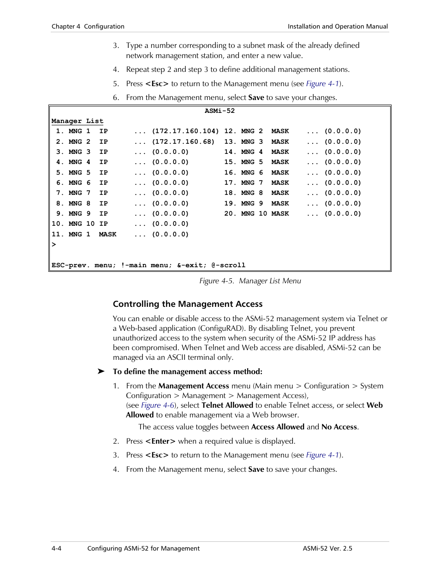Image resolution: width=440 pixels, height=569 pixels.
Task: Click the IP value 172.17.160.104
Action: click(x=185, y=131)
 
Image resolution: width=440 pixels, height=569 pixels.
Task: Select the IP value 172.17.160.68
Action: click(x=183, y=142)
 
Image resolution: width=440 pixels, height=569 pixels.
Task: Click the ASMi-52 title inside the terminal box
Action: click(x=220, y=111)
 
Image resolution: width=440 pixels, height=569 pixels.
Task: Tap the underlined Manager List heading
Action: click(x=77, y=121)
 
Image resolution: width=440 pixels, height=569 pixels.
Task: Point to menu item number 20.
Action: click(x=229, y=214)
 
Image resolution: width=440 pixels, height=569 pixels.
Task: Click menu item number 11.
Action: click(x=57, y=235)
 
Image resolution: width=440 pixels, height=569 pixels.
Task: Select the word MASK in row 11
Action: click(x=107, y=235)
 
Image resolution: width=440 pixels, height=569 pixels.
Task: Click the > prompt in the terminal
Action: click(x=54, y=245)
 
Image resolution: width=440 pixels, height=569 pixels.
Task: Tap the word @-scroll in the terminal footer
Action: click(x=228, y=265)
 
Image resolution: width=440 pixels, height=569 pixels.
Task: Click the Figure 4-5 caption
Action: click(x=250, y=281)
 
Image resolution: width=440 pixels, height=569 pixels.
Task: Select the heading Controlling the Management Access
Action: click(x=188, y=304)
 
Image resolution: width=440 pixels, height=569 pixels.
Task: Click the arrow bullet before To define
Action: click(x=101, y=371)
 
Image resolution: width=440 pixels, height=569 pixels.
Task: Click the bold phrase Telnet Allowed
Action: click(x=227, y=405)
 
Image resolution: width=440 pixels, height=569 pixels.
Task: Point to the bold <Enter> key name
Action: click(x=160, y=441)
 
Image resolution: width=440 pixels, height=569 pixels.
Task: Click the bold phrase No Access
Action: click(x=339, y=427)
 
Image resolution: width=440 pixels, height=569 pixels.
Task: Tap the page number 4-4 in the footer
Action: click(x=56, y=548)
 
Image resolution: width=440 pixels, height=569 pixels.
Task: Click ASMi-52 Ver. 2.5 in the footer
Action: click(x=327, y=548)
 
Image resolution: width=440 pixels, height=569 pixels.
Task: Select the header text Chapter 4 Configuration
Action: click(x=88, y=27)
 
